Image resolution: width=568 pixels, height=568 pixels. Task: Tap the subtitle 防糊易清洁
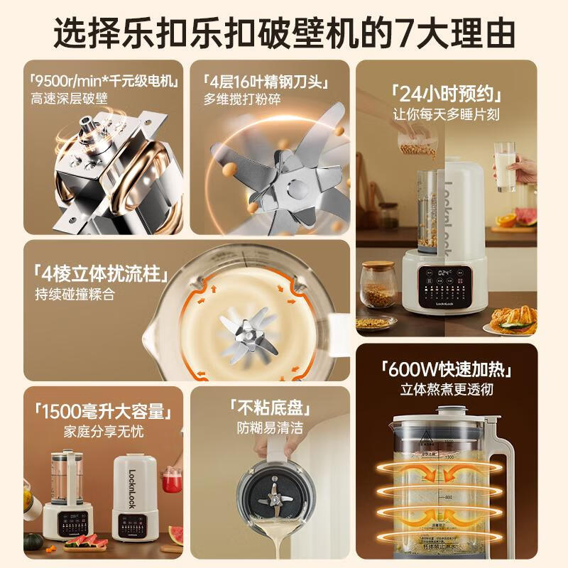coord(270,428)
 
